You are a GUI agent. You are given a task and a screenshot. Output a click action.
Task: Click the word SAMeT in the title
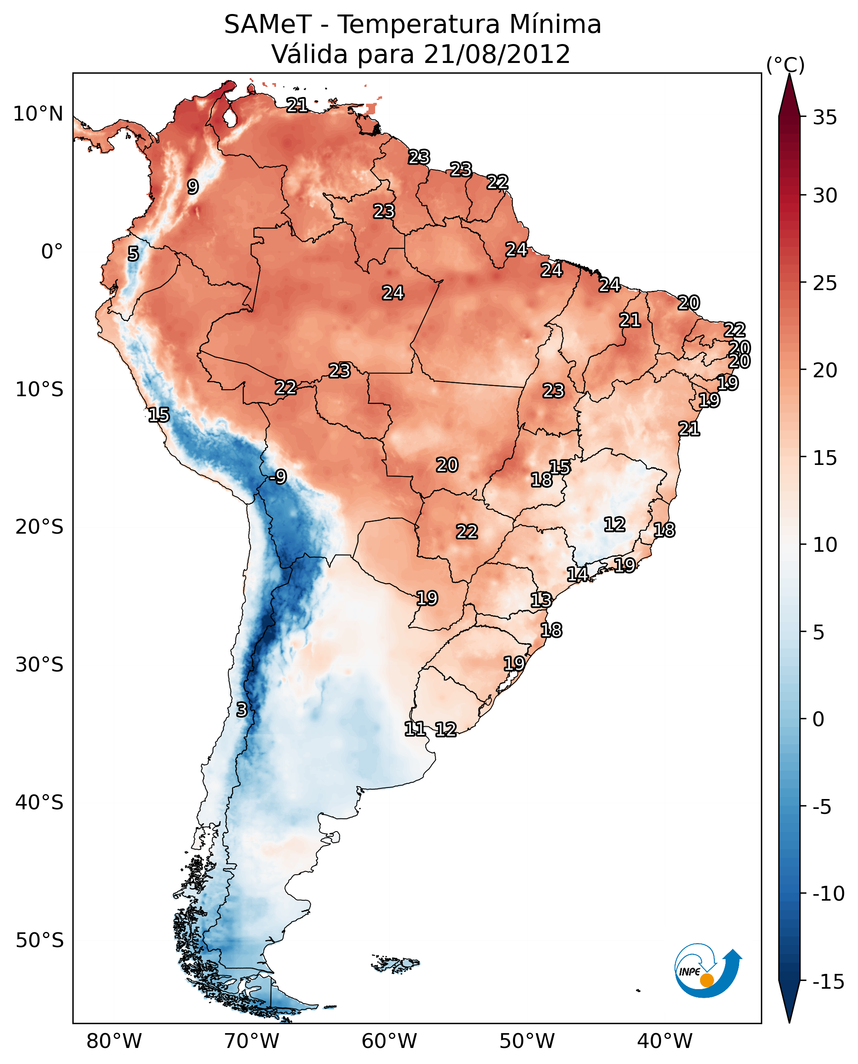(267, 25)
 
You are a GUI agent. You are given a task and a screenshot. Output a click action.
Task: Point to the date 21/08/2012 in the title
(497, 54)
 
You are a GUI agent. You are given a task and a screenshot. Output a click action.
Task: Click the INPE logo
(707, 970)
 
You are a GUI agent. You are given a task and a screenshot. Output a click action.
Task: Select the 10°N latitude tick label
(38, 114)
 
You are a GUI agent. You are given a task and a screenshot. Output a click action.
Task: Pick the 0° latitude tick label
(52, 252)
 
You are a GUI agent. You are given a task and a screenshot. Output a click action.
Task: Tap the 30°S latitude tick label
(39, 664)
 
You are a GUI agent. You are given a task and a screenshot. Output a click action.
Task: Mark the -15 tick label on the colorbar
(828, 981)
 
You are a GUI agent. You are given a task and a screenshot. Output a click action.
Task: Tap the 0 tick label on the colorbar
(819, 719)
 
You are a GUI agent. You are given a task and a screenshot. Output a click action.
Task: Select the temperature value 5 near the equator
(133, 254)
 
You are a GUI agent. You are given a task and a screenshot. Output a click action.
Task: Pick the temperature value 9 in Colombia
(193, 187)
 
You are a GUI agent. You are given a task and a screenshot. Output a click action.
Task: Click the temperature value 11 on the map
(415, 729)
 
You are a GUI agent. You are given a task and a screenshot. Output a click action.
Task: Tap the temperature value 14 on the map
(577, 574)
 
